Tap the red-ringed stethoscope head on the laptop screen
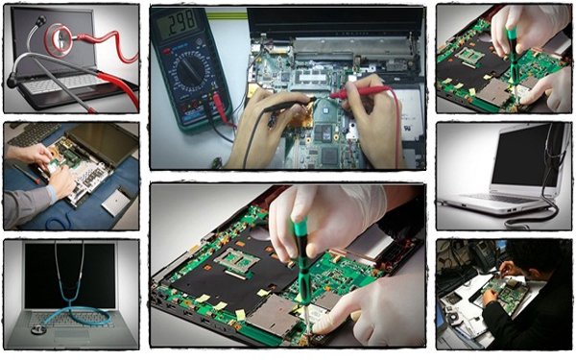(x=60, y=38)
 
